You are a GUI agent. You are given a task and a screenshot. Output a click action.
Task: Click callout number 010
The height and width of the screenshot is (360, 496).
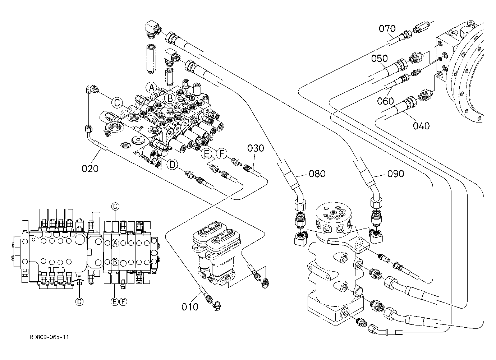pos(190,307)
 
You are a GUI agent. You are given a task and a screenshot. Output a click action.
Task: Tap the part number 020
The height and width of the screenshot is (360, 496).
pos(90,169)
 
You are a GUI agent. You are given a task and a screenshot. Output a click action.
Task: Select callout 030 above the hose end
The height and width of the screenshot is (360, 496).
pos(256,148)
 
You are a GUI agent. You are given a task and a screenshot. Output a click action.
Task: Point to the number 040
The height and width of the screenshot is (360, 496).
pos(421,126)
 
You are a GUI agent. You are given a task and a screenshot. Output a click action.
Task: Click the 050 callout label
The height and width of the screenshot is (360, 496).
pos(380,59)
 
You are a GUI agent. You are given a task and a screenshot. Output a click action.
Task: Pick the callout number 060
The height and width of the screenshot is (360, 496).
pos(386,101)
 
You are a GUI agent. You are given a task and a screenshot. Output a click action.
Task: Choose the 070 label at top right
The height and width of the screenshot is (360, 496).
pos(387,28)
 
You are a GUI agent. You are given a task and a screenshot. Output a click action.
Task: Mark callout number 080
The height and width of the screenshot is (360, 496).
pos(317,174)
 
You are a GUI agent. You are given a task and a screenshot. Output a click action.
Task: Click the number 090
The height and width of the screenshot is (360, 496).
pos(396,174)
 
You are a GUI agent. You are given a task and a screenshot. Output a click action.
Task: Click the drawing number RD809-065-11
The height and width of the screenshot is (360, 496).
pos(49,337)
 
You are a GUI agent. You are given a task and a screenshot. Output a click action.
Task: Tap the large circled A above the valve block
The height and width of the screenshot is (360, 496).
pos(151,88)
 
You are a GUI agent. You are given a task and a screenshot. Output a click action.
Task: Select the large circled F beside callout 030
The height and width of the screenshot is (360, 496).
pos(222,153)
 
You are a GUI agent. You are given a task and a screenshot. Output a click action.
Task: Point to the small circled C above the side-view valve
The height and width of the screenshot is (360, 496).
pos(115,207)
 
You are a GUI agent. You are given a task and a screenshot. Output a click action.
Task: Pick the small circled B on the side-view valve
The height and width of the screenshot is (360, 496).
pos(115,262)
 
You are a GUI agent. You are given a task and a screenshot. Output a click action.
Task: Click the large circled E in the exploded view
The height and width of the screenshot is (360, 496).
pos(206,153)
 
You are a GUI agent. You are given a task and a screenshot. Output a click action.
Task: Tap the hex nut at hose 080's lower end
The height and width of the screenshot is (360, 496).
pos(300,204)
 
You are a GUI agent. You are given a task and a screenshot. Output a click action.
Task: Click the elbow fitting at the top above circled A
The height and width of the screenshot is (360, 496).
pos(153,30)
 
